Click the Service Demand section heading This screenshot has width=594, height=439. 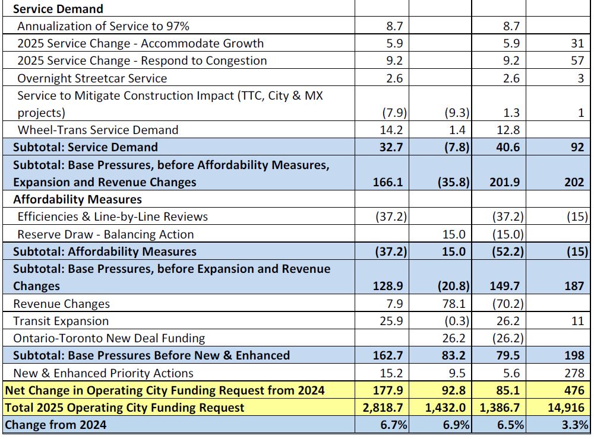click(58, 9)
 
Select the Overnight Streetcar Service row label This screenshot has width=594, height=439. click(92, 78)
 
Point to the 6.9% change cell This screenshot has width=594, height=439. click(456, 425)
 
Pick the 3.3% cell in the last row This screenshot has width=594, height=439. click(573, 425)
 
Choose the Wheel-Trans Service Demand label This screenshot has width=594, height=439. click(97, 130)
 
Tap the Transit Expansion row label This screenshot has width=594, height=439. click(61, 321)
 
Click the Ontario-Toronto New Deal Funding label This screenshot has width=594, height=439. click(109, 338)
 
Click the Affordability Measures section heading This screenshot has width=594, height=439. click(77, 199)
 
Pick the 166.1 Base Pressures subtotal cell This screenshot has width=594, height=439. click(390, 182)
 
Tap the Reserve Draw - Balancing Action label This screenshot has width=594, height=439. click(105, 234)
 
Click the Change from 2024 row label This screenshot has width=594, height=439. click(56, 425)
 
